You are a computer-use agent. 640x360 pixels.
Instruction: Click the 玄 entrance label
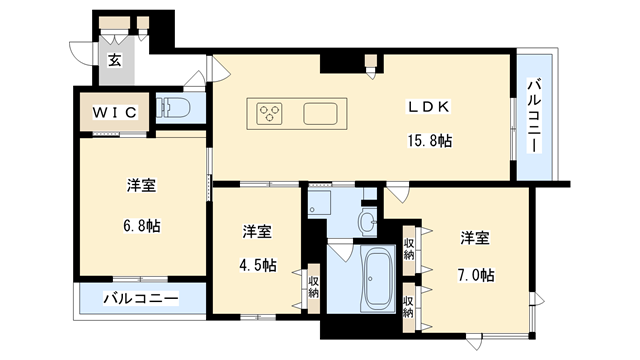click(115, 60)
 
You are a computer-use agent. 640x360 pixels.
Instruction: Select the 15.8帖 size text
click(429, 141)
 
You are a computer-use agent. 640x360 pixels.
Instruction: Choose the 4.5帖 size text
click(258, 265)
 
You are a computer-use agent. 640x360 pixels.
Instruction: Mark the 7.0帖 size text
click(475, 274)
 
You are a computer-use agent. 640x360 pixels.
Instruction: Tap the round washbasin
click(367, 220)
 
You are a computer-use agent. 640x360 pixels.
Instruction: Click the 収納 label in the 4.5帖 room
click(314, 288)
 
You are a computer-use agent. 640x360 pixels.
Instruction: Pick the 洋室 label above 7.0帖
click(475, 238)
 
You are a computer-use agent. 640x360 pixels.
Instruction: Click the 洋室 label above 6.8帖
click(141, 186)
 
